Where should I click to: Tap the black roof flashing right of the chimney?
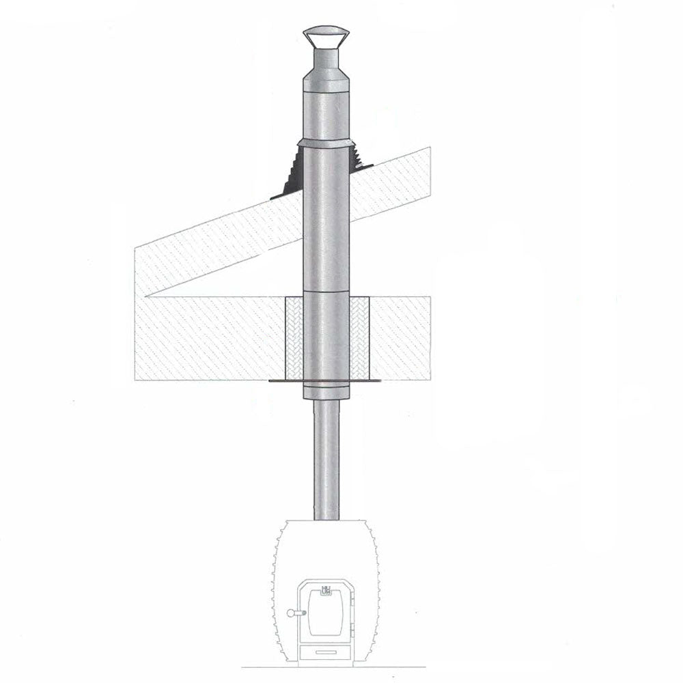[361, 157]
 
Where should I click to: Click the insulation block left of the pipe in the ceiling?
[292, 338]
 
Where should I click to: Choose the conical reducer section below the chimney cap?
[325, 80]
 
